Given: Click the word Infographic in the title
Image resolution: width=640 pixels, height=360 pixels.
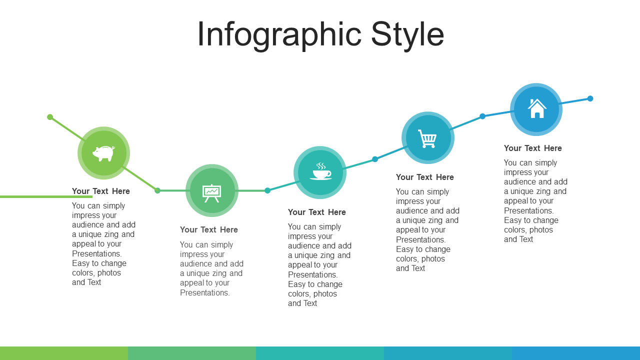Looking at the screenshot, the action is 279,35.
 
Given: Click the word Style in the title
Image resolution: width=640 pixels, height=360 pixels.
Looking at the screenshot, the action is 407,34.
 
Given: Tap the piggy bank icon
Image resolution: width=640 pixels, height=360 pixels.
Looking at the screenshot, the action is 103,153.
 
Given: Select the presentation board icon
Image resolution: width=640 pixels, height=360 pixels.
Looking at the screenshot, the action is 211,193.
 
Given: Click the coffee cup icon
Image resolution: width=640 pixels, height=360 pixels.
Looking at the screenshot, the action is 320,171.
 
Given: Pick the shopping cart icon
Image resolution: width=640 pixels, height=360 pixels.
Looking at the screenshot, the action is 427,138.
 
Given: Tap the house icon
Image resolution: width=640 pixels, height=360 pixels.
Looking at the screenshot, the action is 537,108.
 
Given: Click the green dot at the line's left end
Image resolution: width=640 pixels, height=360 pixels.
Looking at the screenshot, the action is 50,117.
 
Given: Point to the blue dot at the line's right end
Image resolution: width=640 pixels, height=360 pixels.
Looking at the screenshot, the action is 590,98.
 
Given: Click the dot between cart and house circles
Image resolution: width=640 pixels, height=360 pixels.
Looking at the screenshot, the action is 482,116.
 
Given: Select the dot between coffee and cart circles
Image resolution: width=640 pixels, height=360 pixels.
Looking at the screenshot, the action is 375,159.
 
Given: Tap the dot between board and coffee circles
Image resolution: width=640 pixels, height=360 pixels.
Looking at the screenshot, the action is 267,190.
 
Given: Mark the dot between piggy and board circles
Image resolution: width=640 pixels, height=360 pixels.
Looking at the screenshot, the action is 157,190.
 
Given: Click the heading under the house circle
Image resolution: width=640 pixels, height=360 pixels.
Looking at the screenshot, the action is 532,148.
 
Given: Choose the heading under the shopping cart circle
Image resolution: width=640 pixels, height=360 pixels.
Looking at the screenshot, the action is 424,177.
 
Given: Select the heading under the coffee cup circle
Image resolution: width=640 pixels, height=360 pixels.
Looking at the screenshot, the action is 316,212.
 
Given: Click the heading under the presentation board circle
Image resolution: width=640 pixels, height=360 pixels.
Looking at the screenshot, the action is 208,229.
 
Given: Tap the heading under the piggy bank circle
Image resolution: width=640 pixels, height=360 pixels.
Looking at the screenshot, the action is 100,191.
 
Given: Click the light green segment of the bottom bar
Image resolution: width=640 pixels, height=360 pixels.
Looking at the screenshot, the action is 64,353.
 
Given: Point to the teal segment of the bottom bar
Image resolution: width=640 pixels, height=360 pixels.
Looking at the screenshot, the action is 320,353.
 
